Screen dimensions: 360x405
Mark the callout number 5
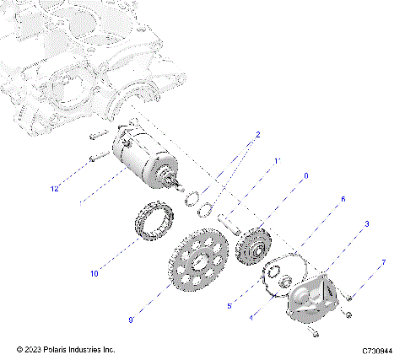click(x=229, y=307)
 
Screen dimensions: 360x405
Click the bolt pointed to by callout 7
click(x=348, y=296)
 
